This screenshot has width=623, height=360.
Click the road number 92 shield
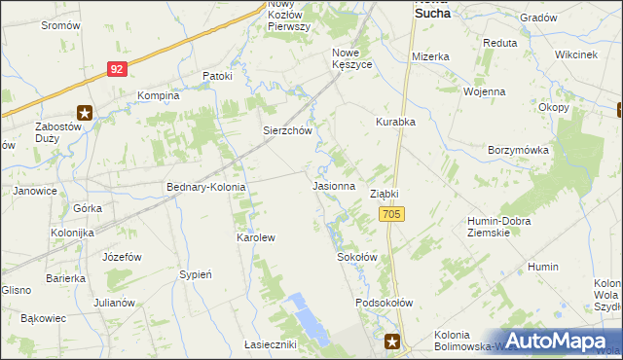point(117,69)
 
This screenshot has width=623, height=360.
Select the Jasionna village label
point(333,185)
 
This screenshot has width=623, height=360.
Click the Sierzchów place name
point(286,130)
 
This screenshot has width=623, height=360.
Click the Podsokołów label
point(385,303)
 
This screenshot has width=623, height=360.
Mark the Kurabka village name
point(396,123)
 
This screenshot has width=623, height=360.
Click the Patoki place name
point(217,76)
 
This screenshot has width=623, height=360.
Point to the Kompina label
point(159,95)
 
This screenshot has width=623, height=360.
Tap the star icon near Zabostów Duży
point(85,113)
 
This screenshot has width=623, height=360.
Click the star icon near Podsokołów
point(392,341)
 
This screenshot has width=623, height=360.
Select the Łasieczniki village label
point(270,344)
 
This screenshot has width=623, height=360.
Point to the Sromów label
point(60,25)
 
